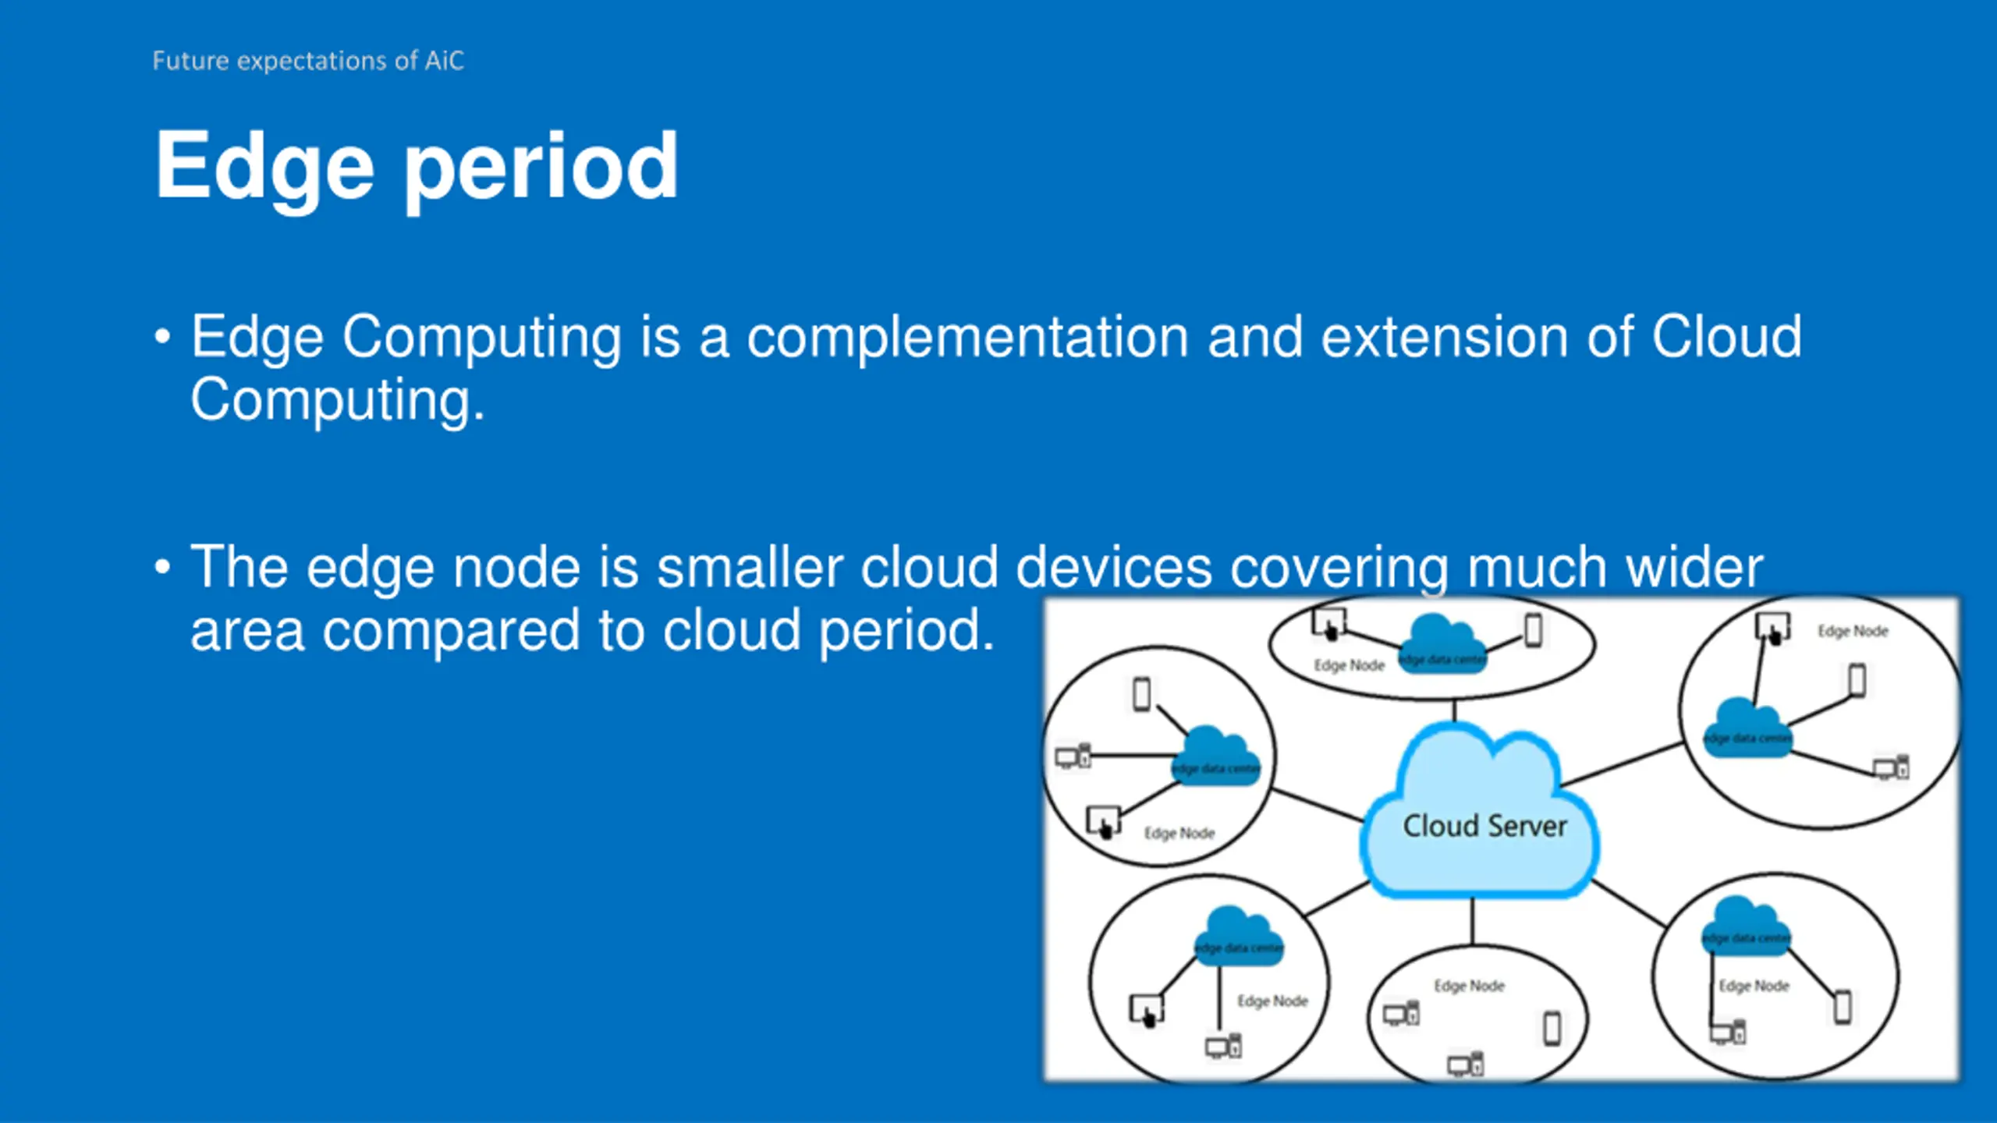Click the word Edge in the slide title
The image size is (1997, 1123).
264,167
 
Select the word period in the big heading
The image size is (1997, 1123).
541,167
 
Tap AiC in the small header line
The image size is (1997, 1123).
444,61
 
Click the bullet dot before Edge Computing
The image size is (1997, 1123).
162,338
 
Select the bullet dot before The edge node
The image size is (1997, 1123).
162,567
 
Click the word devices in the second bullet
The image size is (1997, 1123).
1114,567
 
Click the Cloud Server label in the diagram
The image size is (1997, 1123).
1484,826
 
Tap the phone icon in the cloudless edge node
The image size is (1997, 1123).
1552,1028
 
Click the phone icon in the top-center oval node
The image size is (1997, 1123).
1534,630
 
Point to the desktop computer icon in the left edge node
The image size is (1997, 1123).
1073,756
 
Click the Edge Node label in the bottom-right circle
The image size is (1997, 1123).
1754,986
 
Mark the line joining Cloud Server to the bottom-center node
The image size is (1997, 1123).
1473,922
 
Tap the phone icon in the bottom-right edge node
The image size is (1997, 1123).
1843,1007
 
